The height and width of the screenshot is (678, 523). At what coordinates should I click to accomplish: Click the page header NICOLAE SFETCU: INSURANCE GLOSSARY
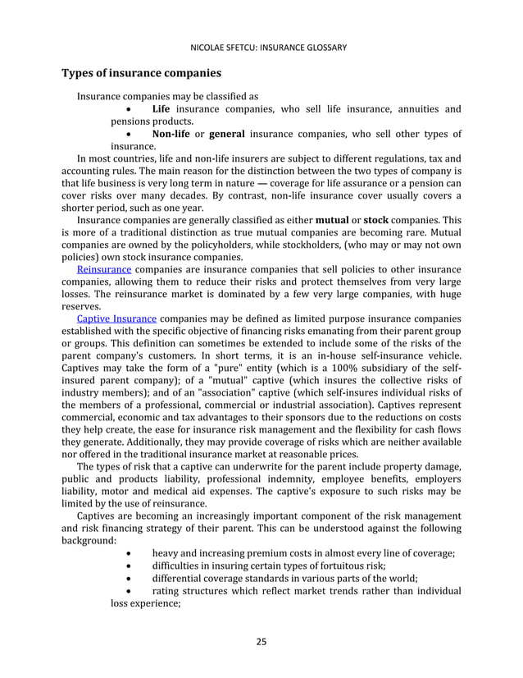pyautogui.click(x=261, y=47)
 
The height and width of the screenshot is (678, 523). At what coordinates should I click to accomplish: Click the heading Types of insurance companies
pyautogui.click(x=142, y=74)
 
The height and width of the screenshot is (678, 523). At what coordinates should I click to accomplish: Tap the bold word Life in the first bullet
pyautogui.click(x=165, y=109)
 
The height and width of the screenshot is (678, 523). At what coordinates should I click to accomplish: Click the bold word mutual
pyautogui.click(x=332, y=221)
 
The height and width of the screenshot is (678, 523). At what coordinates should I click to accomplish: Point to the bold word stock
pyautogui.click(x=375, y=221)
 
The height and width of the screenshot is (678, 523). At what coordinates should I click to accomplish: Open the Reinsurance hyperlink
pyautogui.click(x=103, y=270)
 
